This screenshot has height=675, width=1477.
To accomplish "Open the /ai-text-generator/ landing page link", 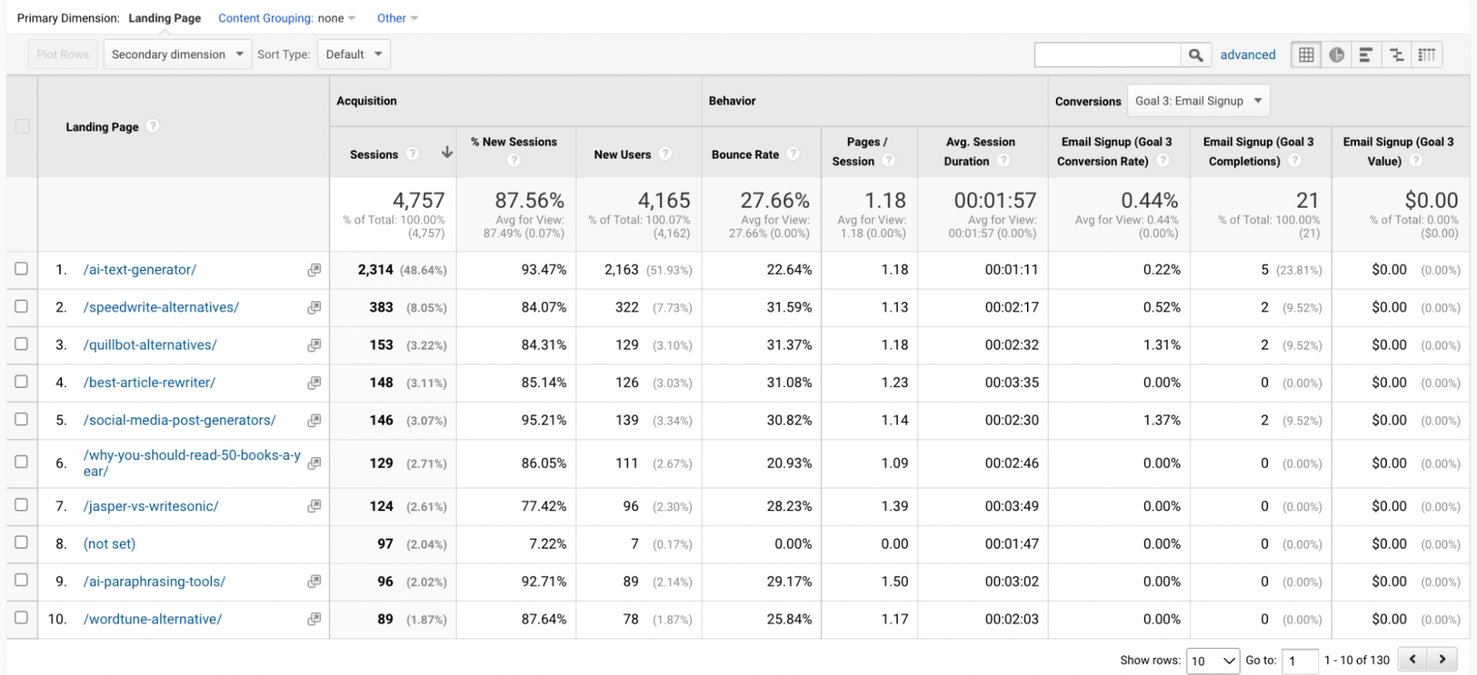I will click(140, 270).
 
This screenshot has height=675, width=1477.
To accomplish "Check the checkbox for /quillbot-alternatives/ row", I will click(21, 344).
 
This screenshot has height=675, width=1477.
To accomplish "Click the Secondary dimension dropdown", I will click(177, 55).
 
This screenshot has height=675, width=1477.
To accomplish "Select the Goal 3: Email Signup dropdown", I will click(1198, 101).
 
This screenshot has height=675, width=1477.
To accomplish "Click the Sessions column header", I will click(374, 154).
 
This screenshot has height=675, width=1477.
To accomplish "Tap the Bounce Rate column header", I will click(745, 154).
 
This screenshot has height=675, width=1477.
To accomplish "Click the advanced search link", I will click(1247, 55).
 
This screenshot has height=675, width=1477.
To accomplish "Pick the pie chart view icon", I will click(1336, 55).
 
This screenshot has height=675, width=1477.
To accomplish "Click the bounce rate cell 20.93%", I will click(789, 463).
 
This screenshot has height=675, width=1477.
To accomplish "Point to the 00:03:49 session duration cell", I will click(1011, 506).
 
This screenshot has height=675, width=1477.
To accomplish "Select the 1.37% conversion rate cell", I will click(1162, 420).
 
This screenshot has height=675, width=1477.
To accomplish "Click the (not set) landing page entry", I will click(109, 544).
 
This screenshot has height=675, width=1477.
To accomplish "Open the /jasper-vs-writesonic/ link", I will click(151, 506).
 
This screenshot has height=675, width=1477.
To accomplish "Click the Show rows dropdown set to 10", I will click(1212, 660).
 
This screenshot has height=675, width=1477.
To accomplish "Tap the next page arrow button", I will click(1442, 659).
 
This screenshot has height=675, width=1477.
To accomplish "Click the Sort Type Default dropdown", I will click(353, 55).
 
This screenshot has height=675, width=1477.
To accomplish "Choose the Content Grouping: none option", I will click(287, 18).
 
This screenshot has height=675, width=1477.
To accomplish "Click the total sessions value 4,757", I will click(418, 200).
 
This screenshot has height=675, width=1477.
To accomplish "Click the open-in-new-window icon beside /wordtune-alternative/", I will click(314, 618).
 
